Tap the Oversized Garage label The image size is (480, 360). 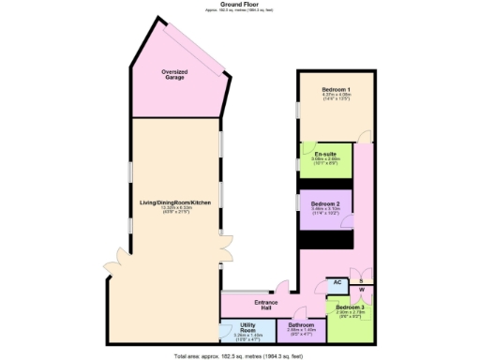174,73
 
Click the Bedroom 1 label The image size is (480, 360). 337,88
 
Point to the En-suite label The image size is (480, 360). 325,154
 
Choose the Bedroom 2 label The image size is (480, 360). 324,203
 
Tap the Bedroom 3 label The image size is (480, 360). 351,307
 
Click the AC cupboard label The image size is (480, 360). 337,281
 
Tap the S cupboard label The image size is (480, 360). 363,280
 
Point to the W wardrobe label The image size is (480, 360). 362,290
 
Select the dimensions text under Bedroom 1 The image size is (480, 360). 337,97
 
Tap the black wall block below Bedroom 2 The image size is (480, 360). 324,240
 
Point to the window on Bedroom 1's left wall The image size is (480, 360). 297,109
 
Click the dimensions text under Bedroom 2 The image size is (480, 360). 324,212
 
